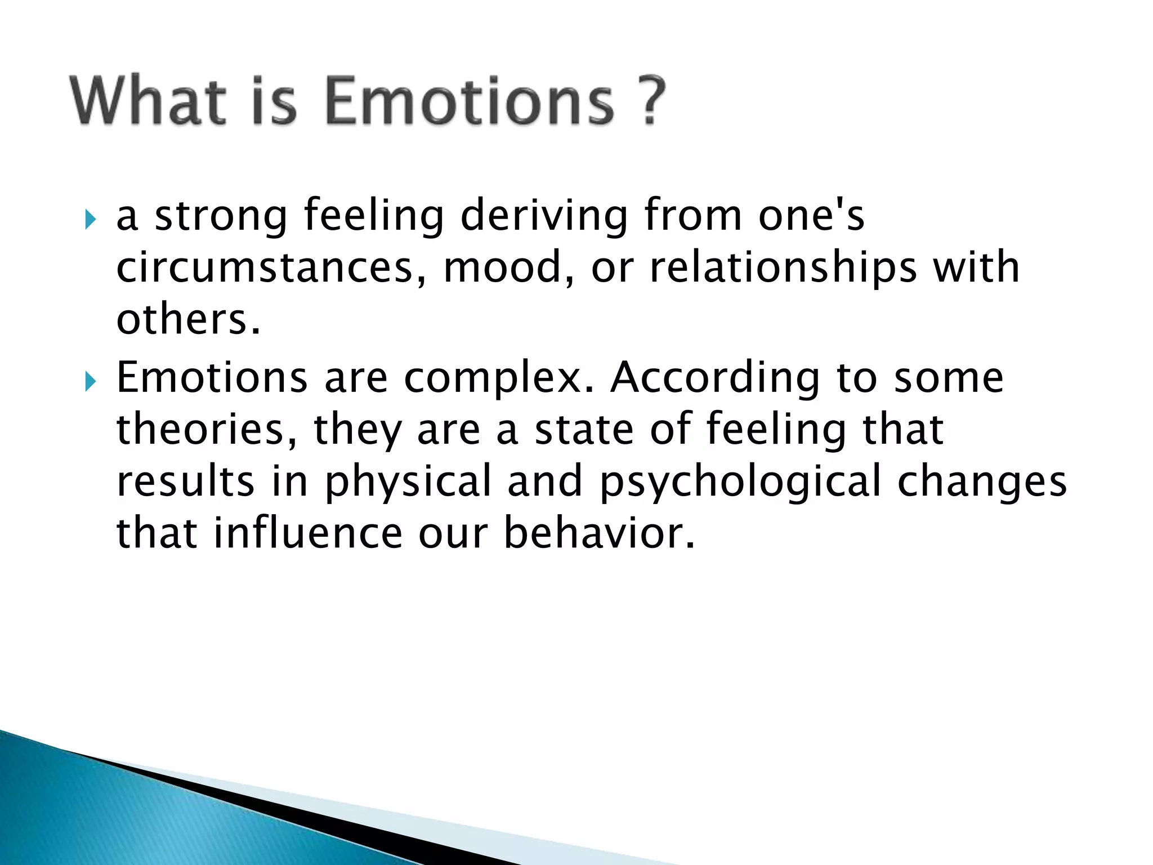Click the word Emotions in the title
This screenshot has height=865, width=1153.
coord(470,101)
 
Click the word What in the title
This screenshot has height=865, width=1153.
coord(148,101)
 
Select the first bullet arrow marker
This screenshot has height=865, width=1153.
coord(90,219)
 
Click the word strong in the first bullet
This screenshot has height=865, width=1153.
coord(221,217)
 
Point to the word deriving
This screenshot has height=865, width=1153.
coord(544,217)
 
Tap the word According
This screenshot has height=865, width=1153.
coord(716,378)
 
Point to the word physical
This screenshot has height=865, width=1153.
coord(408,481)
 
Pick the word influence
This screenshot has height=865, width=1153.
coord(307,533)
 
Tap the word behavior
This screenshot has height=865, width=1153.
coord(599,533)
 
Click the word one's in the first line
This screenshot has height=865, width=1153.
coord(811,217)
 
